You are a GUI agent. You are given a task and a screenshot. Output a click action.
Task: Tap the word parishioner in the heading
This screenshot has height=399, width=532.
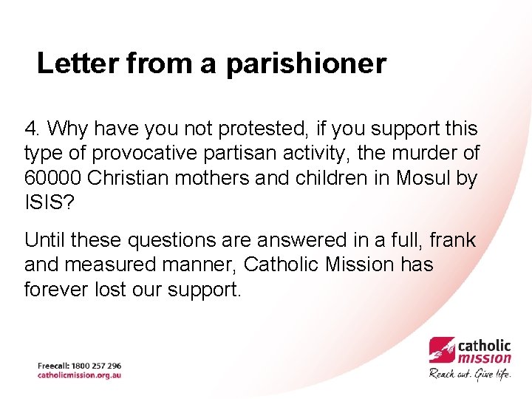pos(306,65)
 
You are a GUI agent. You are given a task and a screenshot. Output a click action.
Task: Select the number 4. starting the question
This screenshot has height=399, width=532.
pos(32,129)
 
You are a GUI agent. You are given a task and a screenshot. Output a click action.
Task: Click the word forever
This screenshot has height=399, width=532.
pos(56,289)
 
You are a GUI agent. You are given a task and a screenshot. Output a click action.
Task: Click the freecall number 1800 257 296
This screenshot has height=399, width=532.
pos(97,366)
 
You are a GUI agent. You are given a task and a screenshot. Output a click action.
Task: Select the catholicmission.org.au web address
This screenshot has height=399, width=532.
pos(79,375)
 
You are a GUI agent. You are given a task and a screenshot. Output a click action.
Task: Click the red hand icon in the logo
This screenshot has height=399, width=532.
pos(442,349)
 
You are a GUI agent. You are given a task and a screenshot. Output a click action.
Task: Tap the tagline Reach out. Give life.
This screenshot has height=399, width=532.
pos(470,373)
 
